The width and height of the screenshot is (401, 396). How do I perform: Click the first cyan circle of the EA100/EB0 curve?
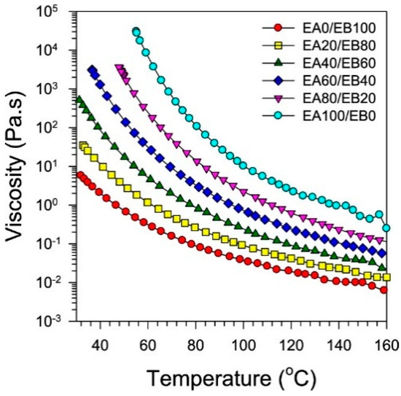tap(136, 32)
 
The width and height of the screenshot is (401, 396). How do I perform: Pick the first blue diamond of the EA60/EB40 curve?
tap(93, 70)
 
